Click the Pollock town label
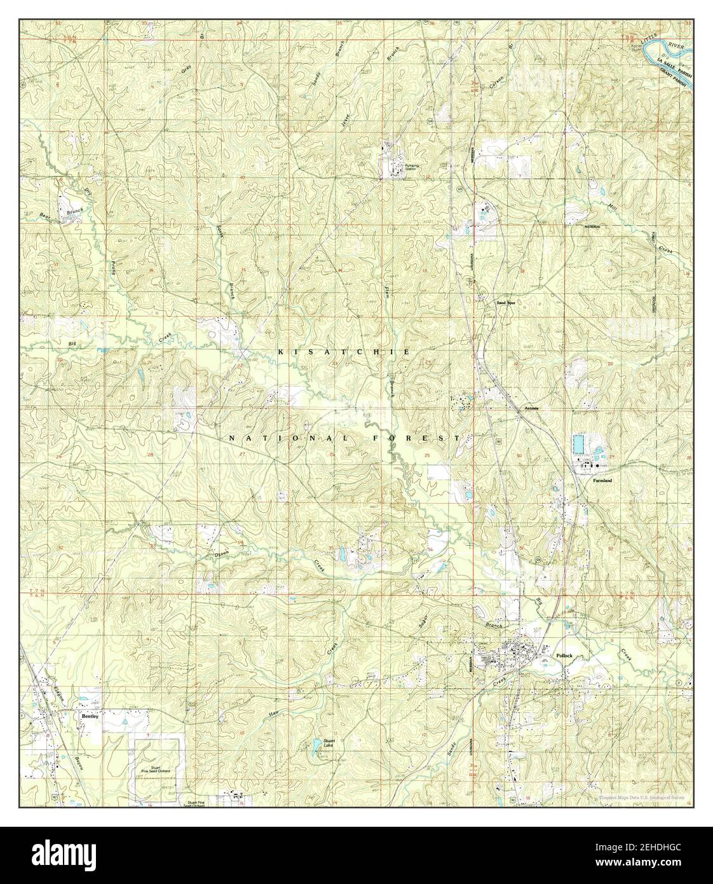[564, 655]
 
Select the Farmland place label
[602, 481]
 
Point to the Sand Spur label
[506, 303]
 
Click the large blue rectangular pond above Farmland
[580, 442]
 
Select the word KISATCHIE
[344, 352]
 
